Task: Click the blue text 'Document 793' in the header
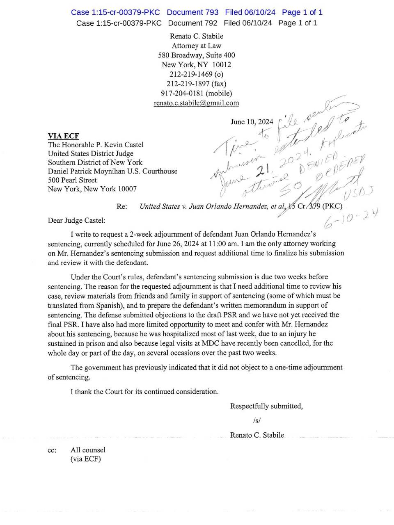point(192,12)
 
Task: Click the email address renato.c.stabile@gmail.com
point(196,103)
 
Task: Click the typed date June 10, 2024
point(252,122)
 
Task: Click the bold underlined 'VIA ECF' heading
point(64,136)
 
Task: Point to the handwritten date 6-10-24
point(351,219)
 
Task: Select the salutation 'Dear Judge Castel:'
point(77,221)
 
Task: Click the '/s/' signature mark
point(257,420)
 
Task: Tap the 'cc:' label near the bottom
point(52,450)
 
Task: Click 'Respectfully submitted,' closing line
point(266,406)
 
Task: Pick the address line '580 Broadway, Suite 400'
point(197,55)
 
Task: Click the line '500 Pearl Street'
point(73,180)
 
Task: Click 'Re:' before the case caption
point(122,206)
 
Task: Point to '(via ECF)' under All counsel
point(85,459)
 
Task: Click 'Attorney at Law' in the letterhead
point(197,46)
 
